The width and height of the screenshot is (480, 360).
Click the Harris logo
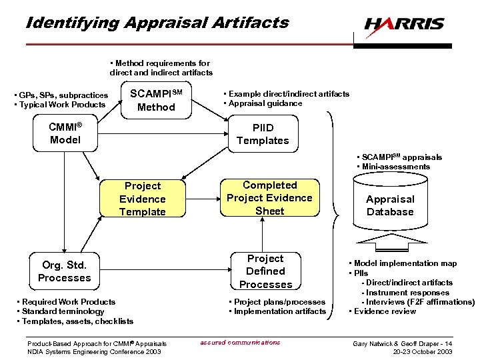coord(404,25)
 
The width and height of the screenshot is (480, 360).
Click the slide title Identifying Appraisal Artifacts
coord(157,22)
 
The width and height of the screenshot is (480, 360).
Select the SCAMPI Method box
coord(156,100)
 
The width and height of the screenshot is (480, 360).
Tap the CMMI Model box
coord(65,133)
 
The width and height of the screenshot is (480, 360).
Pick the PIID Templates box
coord(263,134)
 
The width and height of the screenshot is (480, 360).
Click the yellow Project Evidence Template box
coord(143,199)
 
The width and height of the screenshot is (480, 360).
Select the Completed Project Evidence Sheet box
coord(269,198)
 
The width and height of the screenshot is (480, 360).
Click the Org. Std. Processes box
coord(65,271)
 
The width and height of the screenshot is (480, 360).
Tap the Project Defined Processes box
coord(265,271)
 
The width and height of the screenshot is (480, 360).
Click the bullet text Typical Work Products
coord(63,105)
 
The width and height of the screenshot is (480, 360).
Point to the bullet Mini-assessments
coord(396,167)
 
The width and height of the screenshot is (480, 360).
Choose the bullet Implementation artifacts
coord(279,311)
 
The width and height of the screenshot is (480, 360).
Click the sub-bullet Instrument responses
coord(405,293)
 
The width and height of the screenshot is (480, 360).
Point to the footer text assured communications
coord(240,343)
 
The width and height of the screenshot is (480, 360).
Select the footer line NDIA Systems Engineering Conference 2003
coord(94,351)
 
